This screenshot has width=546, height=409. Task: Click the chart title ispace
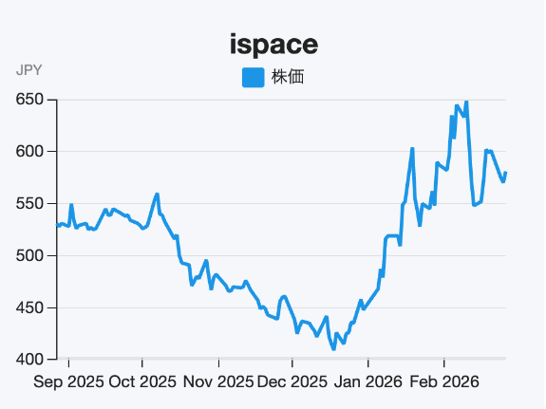273,44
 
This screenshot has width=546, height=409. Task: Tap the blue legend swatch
254,78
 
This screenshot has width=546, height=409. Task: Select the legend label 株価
288,78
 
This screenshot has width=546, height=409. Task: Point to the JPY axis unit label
29,70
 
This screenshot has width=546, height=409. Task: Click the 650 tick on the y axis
31,100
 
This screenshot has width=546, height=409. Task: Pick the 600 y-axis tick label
31,152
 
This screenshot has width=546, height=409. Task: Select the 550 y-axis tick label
31,204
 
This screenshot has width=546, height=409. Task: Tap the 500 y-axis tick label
31,256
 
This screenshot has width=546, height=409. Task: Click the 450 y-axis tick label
31,308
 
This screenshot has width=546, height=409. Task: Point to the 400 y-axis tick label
31,360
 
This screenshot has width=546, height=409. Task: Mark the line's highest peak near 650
465,101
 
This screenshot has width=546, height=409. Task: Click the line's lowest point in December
333,348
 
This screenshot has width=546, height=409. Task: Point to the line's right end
506,173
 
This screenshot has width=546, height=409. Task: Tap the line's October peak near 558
157,195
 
